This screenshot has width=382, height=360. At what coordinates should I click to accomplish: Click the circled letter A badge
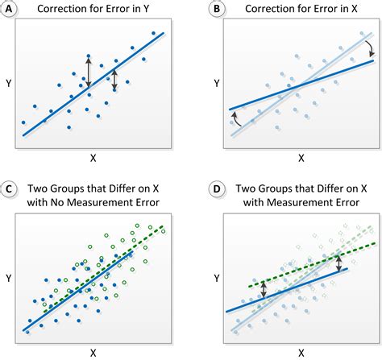[10, 10]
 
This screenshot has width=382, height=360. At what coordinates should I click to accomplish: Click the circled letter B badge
[215, 10]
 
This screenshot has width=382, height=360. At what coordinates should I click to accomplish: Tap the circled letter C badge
[10, 190]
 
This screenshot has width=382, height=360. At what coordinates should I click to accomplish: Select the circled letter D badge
[215, 190]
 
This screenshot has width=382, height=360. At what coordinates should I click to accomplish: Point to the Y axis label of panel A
[8, 82]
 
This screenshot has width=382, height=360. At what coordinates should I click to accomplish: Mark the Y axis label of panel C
[8, 278]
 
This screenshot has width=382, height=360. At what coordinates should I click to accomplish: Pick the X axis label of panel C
[94, 352]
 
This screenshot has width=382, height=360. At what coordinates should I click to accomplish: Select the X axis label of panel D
[301, 352]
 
